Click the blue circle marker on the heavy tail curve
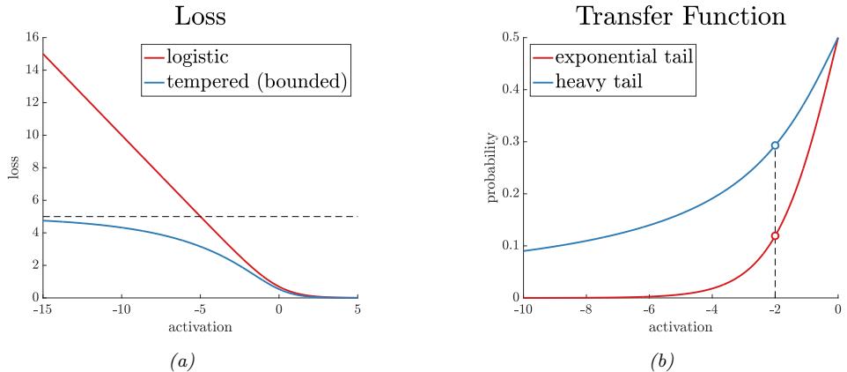coord(775,145)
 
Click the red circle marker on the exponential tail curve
coord(775,235)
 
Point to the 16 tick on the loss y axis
coord(33,38)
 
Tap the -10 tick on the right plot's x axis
coord(524,310)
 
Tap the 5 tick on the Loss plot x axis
coord(357,310)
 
